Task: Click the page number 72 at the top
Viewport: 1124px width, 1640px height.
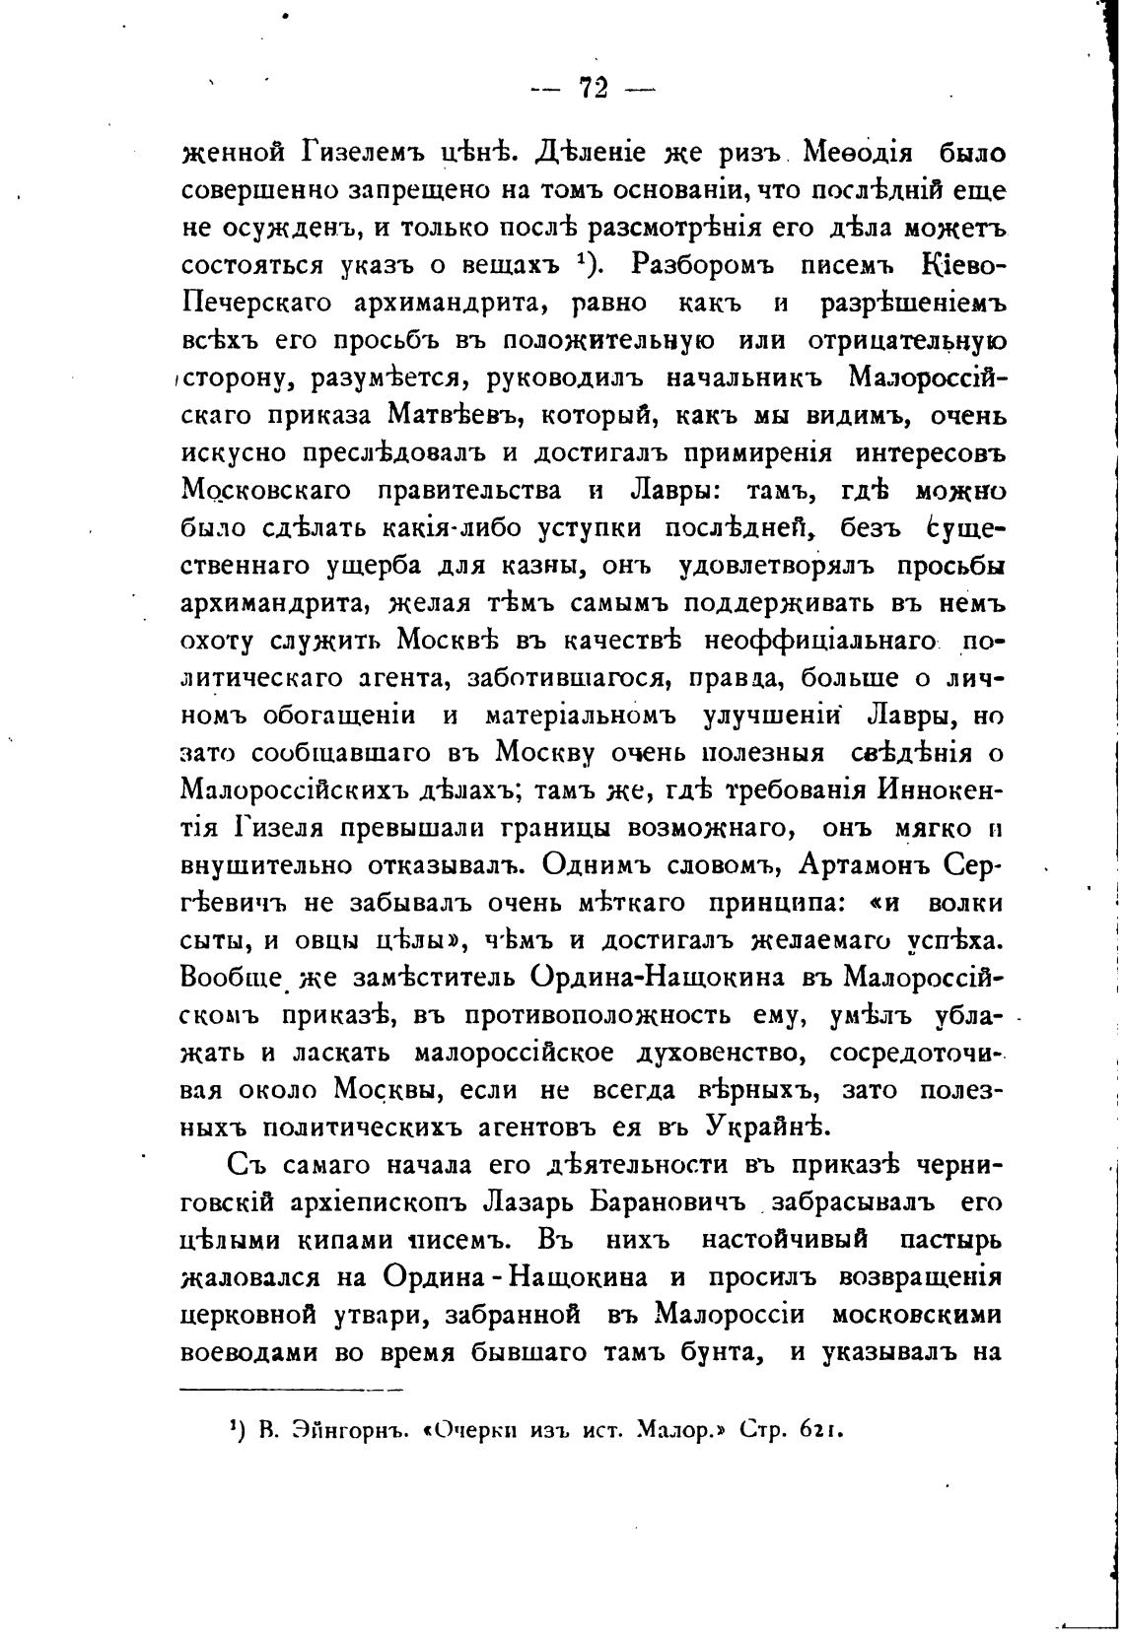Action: [593, 89]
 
